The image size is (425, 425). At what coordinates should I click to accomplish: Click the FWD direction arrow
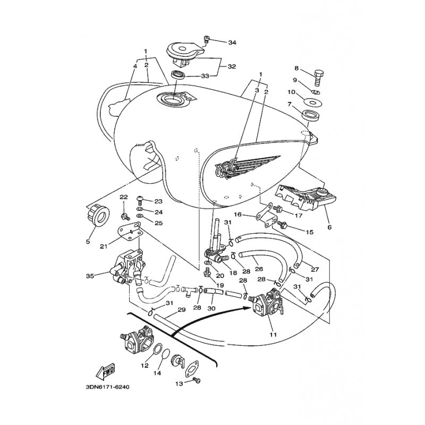(105, 370)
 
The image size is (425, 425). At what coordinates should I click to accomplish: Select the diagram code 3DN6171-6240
(107, 387)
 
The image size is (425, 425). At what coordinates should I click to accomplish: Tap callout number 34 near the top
(232, 42)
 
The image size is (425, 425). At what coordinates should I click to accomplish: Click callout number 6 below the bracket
(329, 227)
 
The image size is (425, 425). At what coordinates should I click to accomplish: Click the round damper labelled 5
(98, 216)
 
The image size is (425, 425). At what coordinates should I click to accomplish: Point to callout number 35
(90, 276)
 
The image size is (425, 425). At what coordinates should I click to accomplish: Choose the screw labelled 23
(140, 201)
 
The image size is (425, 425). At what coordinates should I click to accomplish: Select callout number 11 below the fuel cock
(273, 335)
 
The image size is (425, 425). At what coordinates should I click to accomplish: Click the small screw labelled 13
(196, 380)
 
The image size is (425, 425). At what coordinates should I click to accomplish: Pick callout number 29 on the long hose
(181, 310)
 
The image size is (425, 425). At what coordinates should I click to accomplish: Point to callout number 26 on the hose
(259, 269)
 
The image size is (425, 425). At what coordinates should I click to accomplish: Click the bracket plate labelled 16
(267, 216)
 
